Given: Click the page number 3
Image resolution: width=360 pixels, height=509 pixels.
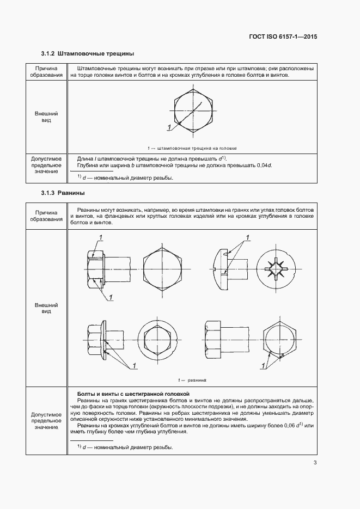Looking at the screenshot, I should point(315,463).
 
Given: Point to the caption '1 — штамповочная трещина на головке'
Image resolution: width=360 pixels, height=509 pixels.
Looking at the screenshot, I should point(192,148).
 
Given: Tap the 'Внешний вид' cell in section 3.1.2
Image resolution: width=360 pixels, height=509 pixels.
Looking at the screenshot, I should point(46,116).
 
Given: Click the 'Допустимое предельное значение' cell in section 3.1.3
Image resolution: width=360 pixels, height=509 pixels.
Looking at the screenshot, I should point(46,420).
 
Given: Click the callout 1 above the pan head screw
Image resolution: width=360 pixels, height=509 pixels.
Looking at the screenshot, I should point(248,237).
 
